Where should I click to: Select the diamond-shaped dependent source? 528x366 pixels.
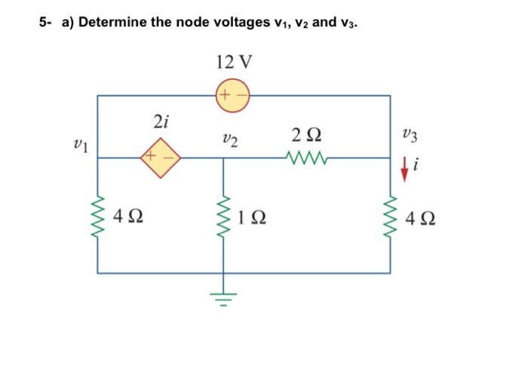click(x=159, y=157)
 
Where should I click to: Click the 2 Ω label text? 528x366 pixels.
click(x=305, y=136)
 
